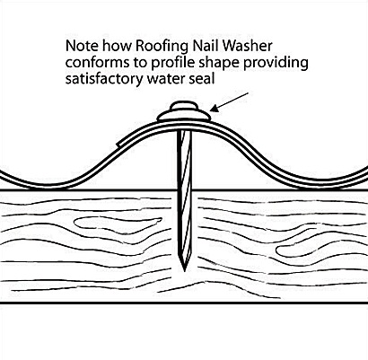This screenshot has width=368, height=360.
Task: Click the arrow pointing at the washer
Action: point(229,102)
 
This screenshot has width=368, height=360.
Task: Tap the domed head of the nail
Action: point(184,106)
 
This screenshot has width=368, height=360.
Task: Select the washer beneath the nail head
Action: point(184,116)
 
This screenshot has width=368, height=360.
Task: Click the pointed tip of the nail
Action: point(184,271)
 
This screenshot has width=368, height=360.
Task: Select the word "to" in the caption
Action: point(138,64)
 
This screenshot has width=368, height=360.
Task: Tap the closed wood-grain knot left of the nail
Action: point(118,225)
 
